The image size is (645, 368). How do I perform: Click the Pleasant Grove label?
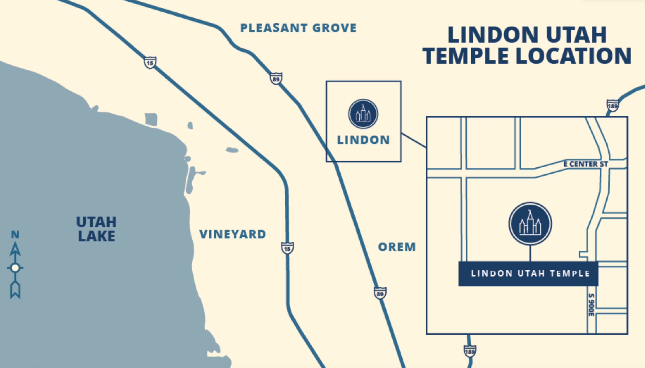298,28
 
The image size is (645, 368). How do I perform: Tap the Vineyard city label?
233,234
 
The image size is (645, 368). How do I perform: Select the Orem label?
397,247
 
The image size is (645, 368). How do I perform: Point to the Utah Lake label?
96,229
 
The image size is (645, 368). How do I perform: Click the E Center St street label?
585,164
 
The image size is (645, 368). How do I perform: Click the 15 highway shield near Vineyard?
287,248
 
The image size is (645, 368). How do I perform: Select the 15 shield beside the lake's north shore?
150,62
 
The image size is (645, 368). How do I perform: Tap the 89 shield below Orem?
380,293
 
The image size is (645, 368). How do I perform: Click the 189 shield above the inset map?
613,105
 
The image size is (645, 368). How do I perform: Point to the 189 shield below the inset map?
470,351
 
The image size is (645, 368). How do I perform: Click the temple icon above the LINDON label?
363,114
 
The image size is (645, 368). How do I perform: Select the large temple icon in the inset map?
530,224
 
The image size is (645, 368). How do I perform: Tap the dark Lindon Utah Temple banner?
528,274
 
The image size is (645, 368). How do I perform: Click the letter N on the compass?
15,235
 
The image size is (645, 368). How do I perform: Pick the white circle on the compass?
15,268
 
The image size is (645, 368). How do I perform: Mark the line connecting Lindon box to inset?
414,140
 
